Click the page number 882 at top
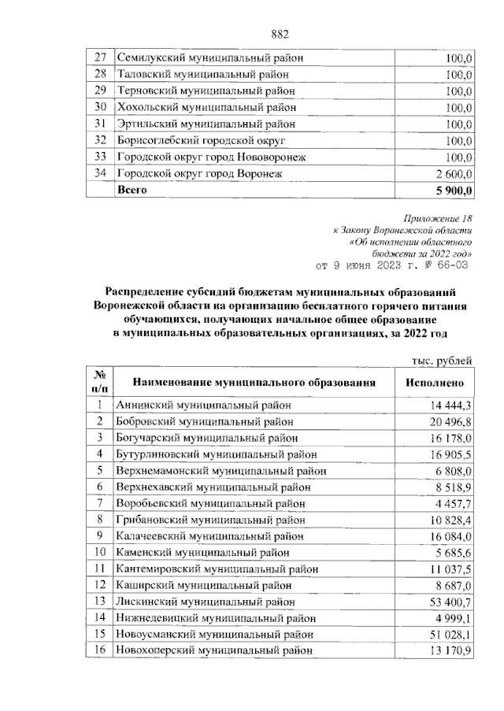280,33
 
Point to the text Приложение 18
438,218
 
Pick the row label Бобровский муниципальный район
206,421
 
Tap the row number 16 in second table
100,650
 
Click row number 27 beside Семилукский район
100,57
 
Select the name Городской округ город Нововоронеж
210,157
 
